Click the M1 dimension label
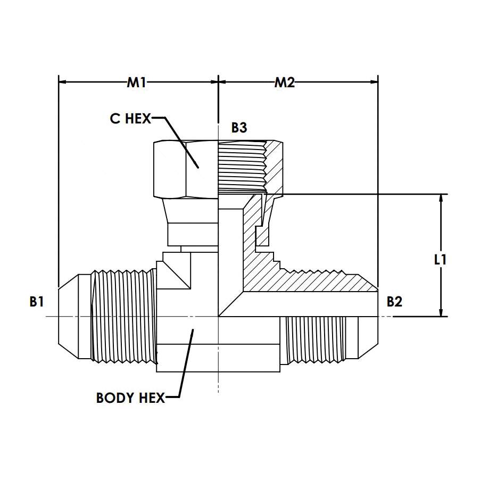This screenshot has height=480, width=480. pos(137,82)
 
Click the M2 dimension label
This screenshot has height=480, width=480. pos(285,82)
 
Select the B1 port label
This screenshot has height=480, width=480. pos(37,302)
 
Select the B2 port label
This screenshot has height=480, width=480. pos(394,302)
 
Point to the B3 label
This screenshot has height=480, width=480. pos(239,128)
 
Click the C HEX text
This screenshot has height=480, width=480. pos(130,118)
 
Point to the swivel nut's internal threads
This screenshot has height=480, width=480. pos(241,165)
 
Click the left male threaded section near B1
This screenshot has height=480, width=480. pos(122,317)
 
